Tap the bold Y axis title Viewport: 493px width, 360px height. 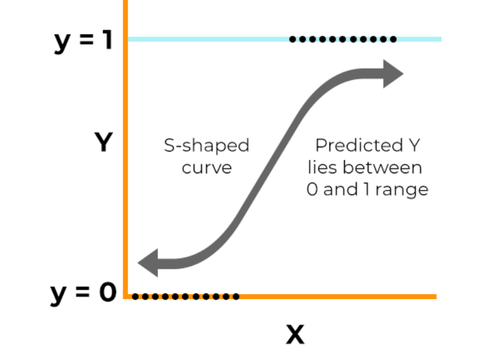click(103, 143)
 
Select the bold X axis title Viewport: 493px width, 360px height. click(295, 334)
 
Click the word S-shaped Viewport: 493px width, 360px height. click(206, 146)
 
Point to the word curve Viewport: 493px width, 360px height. click(206, 168)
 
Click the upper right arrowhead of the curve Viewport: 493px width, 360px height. click(391, 73)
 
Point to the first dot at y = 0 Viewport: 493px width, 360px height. click(135, 297)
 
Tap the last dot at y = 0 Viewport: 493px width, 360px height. click(236, 297)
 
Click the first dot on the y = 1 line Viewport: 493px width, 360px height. click(292, 39)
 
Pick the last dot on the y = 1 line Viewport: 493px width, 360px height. click(393, 39)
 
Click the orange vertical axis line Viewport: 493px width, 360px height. click(125, 154)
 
